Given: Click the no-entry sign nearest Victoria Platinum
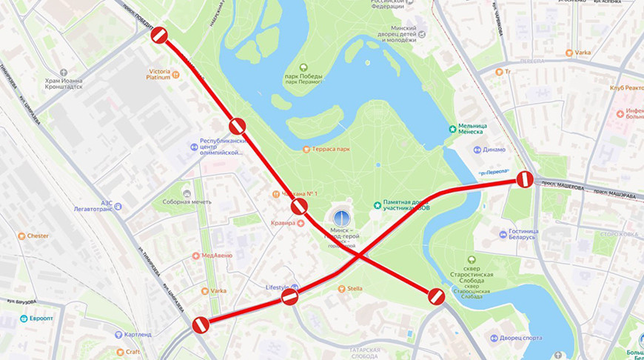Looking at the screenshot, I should [x=160, y=35].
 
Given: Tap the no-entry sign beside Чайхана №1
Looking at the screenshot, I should [x=299, y=207].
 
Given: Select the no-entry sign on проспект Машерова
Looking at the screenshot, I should [x=524, y=179].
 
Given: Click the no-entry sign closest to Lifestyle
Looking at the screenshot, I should [x=289, y=297].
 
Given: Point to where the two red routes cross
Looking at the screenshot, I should [x=359, y=256].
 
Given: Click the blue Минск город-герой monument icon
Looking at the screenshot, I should [x=341, y=218].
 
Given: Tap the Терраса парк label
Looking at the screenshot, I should [x=331, y=149].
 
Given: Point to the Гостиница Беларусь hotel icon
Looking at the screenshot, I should [x=503, y=235].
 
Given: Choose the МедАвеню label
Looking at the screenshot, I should [x=216, y=256].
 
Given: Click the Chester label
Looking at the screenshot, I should [x=38, y=236].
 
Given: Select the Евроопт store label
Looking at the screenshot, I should [x=43, y=319].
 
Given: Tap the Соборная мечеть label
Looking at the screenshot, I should [x=186, y=201].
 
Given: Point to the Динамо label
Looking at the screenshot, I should [x=494, y=149].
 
